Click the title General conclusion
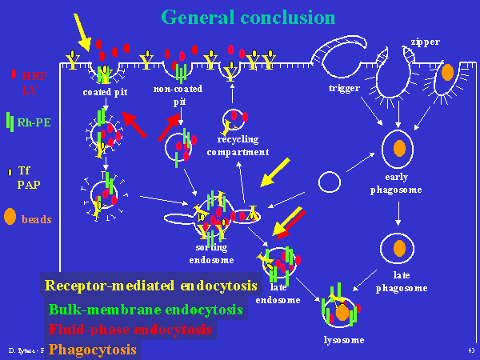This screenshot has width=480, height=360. [x=247, y=17]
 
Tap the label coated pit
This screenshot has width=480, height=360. [x=105, y=92]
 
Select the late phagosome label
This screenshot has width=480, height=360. [x=397, y=281]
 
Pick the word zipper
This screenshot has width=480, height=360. [x=425, y=41]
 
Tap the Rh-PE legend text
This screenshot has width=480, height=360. [x=34, y=122]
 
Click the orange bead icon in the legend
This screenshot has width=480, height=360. [x=10, y=217]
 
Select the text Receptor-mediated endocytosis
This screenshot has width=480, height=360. [x=151, y=285]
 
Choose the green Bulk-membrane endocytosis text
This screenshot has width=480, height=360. [x=146, y=309]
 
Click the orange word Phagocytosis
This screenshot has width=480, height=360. [x=92, y=349]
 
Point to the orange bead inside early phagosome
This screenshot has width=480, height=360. [x=398, y=149]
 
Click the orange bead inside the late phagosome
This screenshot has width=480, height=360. [x=398, y=247]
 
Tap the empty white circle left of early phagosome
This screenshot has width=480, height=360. [x=330, y=182]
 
